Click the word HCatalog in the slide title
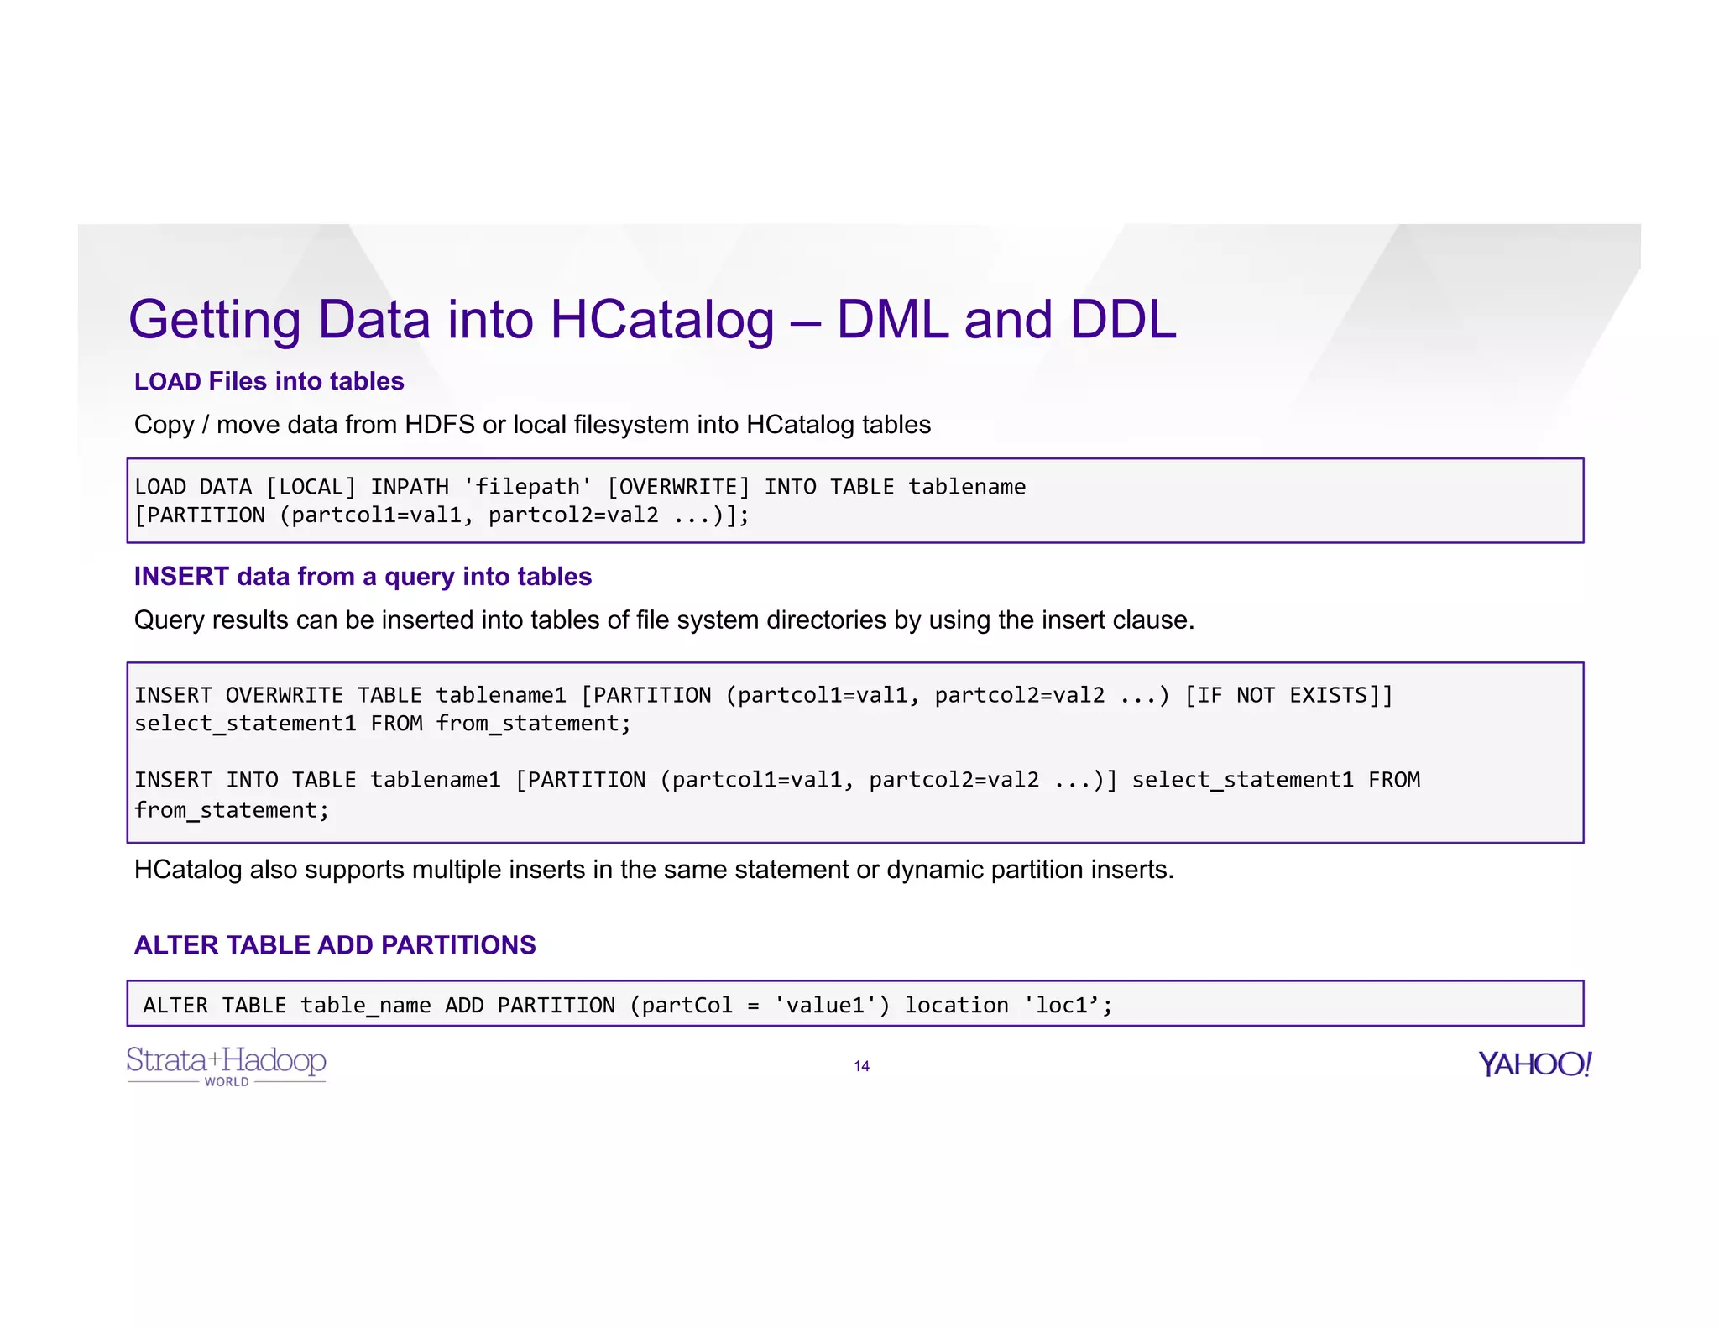coord(661,321)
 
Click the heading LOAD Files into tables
coord(269,381)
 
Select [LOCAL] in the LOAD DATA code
coord(311,487)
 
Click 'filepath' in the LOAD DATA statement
coord(527,487)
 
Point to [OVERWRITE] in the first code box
coord(678,487)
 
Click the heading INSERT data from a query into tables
coord(363,577)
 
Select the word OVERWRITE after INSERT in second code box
coord(284,695)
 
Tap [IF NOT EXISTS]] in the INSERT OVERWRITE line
coord(1288,695)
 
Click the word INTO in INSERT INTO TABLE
coord(252,780)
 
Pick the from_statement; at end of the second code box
coord(232,810)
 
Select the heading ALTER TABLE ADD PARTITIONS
coord(335,945)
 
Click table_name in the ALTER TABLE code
coord(365,1005)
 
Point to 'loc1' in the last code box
coord(1062,1005)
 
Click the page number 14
coord(861,1066)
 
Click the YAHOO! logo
coord(1534,1064)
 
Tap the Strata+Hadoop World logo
coord(226,1064)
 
